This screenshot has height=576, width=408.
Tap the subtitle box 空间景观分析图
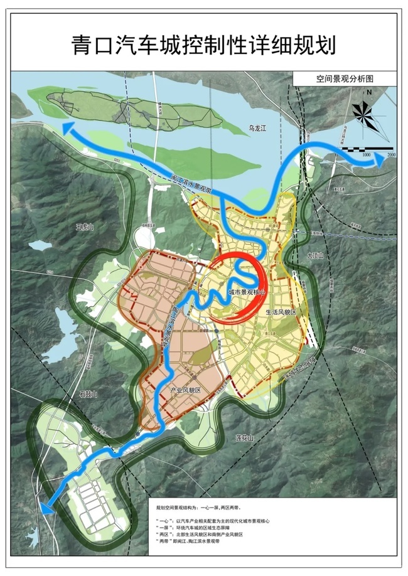point(345,80)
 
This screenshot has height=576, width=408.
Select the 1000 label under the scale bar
point(366,154)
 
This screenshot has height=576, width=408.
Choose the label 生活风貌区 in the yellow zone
point(280,312)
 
